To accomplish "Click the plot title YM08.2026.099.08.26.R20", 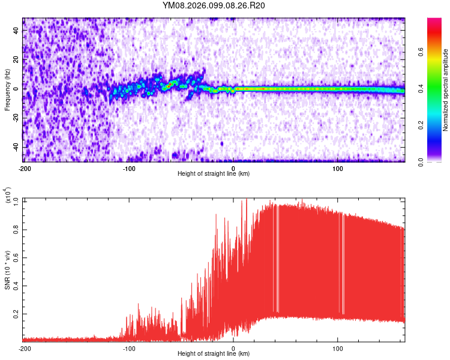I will [x=214, y=6].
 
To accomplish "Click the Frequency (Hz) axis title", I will [x=7, y=89].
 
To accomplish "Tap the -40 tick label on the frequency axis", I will [x=15, y=147].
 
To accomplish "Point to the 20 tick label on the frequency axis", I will [x=17, y=59].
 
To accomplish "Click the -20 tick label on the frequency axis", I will [x=15, y=118].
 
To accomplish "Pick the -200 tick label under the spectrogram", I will [x=25, y=168].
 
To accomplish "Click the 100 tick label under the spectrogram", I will [x=338, y=168].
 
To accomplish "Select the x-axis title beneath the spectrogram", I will [x=214, y=174].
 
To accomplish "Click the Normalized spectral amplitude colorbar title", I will [x=446, y=90].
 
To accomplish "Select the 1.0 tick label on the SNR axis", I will [x=15, y=201].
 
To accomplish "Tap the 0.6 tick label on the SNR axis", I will [x=15, y=257].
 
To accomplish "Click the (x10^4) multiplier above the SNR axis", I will [x=8, y=196].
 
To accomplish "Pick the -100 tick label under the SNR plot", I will [x=129, y=348].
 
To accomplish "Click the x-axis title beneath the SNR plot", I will [x=214, y=354].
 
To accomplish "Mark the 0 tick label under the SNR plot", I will [x=233, y=348].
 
